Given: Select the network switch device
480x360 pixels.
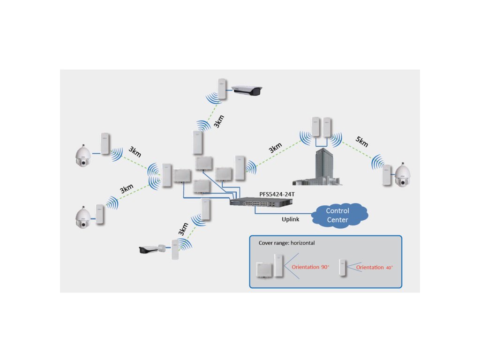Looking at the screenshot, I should click(262, 202).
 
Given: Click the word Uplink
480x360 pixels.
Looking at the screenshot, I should click(291, 219).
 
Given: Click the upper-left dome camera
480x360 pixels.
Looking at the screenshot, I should click(83, 156).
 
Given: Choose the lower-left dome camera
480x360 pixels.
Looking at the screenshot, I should click(83, 217).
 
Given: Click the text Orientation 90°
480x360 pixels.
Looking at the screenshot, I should click(310, 267).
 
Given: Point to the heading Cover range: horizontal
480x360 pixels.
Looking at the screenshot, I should click(286, 243).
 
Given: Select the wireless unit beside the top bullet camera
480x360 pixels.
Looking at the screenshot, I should click(222, 89).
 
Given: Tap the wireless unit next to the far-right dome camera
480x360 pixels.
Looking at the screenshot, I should click(387, 175).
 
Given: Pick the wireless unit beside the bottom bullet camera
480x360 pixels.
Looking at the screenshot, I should click(175, 250).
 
